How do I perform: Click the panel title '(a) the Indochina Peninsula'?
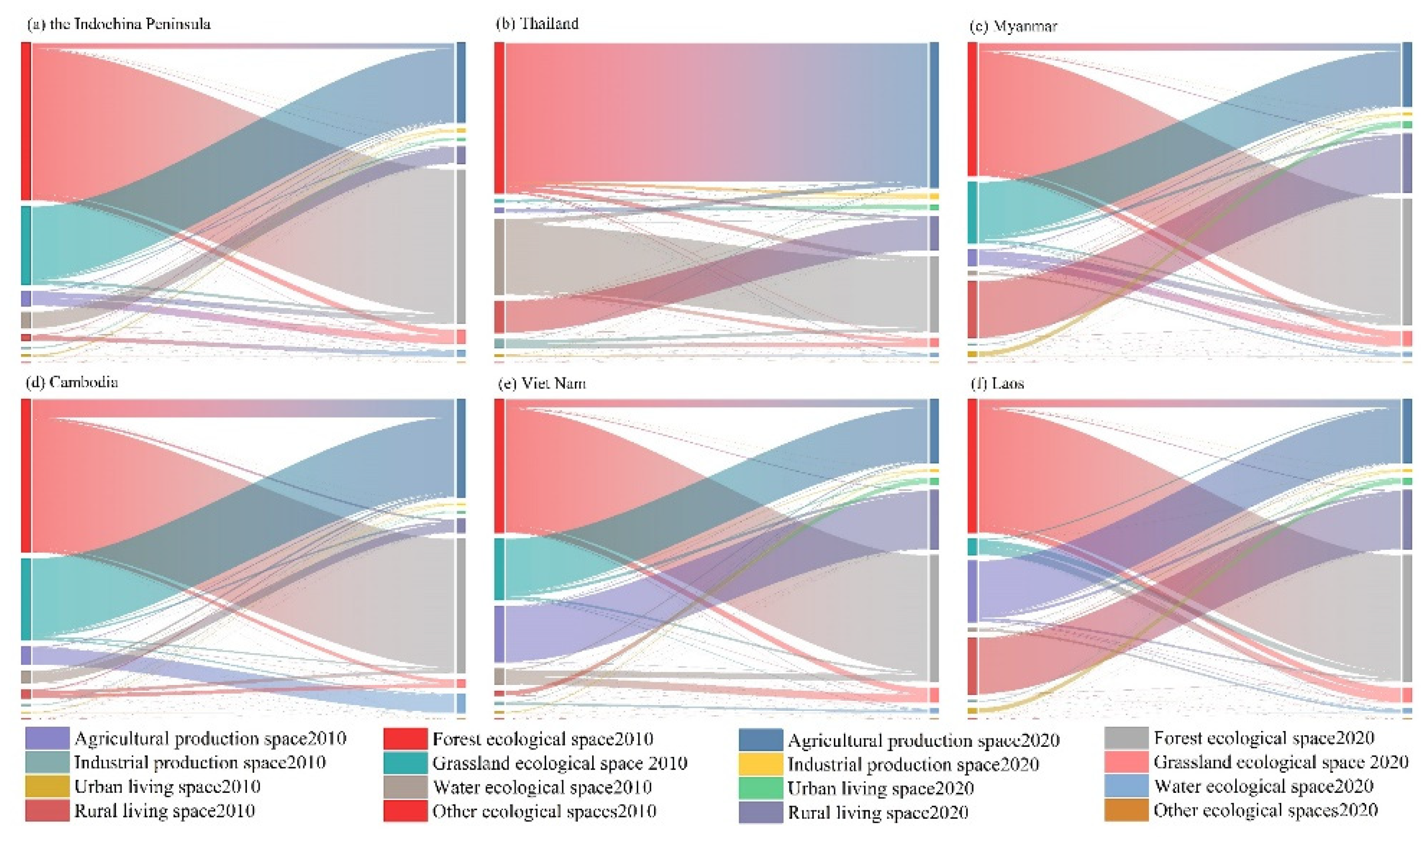tap(119, 24)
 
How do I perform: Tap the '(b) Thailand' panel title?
tap(537, 23)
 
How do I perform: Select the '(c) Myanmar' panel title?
tap(1013, 26)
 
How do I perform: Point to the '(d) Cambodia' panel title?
tap(72, 382)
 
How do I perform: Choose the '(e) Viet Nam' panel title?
tap(541, 383)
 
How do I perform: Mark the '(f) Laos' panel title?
tap(997, 383)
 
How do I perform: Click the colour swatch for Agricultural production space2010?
tap(47, 738)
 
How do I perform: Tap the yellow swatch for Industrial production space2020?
tap(760, 764)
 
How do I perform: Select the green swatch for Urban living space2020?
tap(760, 788)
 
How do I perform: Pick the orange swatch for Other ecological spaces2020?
tap(1126, 810)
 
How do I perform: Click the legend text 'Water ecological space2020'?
tap(1263, 786)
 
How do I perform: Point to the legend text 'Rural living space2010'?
tap(164, 811)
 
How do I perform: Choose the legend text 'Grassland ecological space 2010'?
tap(560, 763)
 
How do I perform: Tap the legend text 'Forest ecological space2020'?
tap(1264, 738)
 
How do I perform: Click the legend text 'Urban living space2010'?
tap(167, 787)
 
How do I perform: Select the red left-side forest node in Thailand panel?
tap(499, 117)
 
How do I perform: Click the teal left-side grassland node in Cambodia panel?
tap(26, 599)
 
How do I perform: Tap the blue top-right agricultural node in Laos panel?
tap(1407, 431)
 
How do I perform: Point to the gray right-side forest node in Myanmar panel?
tap(1407, 261)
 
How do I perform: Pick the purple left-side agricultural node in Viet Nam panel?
tap(499, 634)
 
